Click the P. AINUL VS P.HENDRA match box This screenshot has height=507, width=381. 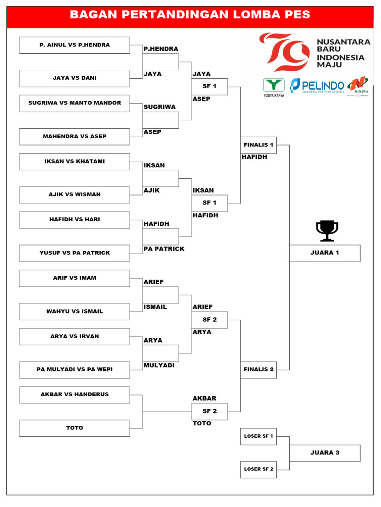(x=74, y=45)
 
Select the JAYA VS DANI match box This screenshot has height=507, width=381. (x=74, y=78)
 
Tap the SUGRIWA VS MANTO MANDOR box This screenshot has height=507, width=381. (x=74, y=103)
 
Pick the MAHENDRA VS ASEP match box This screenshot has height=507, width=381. (x=74, y=137)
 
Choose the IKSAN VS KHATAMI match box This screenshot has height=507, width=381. (x=74, y=162)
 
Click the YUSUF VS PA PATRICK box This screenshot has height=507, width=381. (x=74, y=253)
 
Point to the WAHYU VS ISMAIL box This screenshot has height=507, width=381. (x=74, y=311)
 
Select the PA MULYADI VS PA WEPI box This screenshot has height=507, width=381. (x=74, y=369)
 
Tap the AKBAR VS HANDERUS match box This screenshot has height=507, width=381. (x=74, y=395)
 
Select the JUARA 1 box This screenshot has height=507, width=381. (x=325, y=253)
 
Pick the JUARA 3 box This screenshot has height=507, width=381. (x=325, y=453)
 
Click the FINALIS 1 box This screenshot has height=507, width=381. (x=258, y=145)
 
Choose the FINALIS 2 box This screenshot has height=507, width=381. (x=258, y=369)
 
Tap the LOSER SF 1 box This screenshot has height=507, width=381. (x=258, y=436)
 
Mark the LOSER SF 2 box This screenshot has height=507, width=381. (x=258, y=469)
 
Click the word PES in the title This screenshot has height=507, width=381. (x=298, y=15)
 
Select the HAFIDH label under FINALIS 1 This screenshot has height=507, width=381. (x=254, y=157)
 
